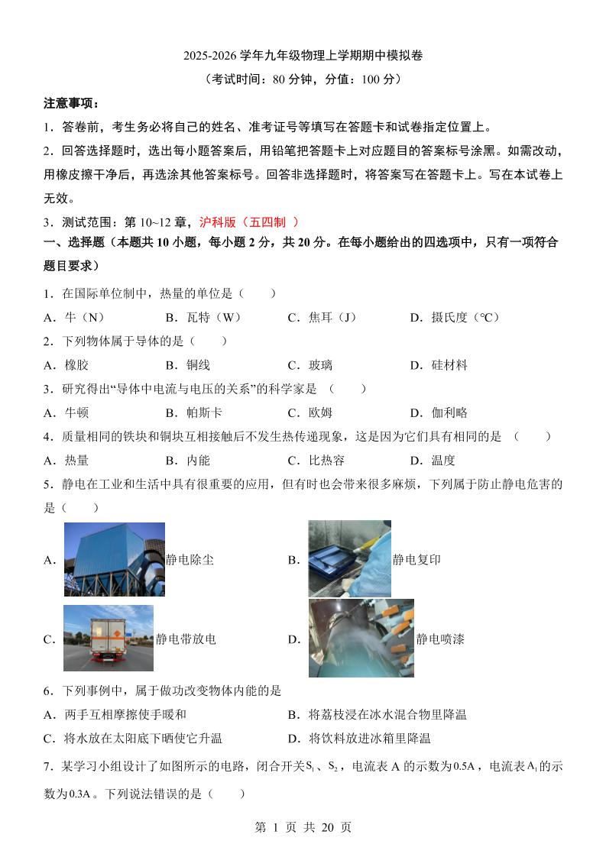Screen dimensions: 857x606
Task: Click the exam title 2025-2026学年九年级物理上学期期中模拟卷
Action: click(303, 56)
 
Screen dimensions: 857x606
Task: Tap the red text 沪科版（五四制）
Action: click(248, 222)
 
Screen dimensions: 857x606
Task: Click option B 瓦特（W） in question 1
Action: click(203, 317)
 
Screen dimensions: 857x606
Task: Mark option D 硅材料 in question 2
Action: click(439, 365)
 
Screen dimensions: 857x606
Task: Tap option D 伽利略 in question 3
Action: click(439, 412)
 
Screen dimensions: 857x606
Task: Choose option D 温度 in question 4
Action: click(433, 460)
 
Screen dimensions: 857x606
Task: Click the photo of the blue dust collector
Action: click(114, 559)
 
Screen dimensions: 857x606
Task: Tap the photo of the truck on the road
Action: click(109, 638)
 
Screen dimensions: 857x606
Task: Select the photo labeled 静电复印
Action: click(349, 558)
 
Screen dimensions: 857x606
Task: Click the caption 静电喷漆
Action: click(440, 639)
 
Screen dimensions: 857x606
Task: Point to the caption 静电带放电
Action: click(186, 639)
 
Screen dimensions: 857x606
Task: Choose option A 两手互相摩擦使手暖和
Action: click(115, 714)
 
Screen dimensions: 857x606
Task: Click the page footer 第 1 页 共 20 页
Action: click(303, 827)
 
